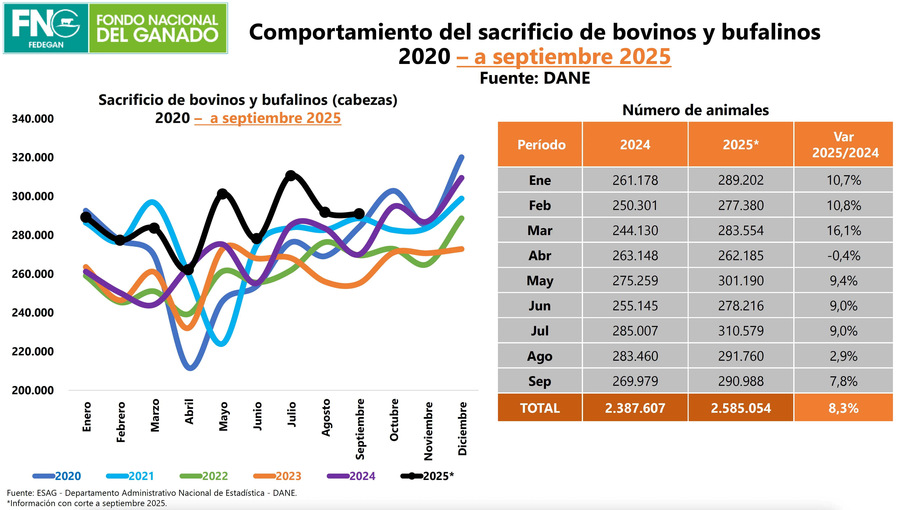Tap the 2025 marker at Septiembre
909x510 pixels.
point(359,214)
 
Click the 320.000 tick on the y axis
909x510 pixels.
point(33,157)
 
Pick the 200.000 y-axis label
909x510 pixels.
point(33,390)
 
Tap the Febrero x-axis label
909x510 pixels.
point(121,422)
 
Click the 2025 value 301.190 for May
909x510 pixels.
point(741,280)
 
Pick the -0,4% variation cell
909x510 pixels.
point(843,256)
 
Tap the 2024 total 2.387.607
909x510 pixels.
point(635,408)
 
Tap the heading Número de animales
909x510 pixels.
point(695,110)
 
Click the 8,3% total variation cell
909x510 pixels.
point(843,408)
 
